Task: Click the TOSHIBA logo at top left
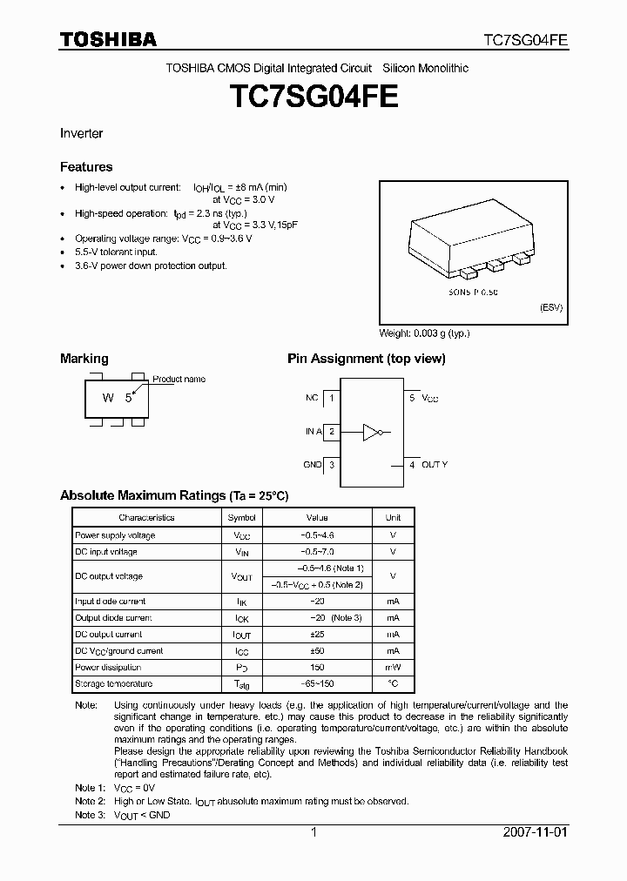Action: (108, 39)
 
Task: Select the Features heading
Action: (86, 166)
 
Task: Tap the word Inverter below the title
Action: (81, 133)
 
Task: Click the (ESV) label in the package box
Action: (551, 308)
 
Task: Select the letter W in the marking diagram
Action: (108, 398)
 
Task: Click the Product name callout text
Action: (179, 379)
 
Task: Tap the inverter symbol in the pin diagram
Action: (374, 431)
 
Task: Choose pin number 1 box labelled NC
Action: (331, 398)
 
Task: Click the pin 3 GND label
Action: (313, 465)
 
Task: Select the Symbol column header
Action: (242, 517)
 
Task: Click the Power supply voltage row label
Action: (115, 535)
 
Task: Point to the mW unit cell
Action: (393, 668)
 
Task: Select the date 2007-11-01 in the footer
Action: (536, 831)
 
